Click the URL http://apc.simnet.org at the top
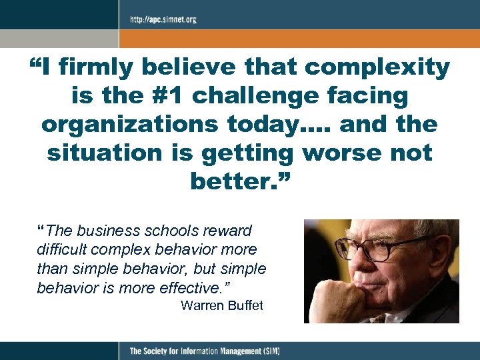163,20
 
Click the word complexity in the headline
377,67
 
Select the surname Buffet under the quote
246,306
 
